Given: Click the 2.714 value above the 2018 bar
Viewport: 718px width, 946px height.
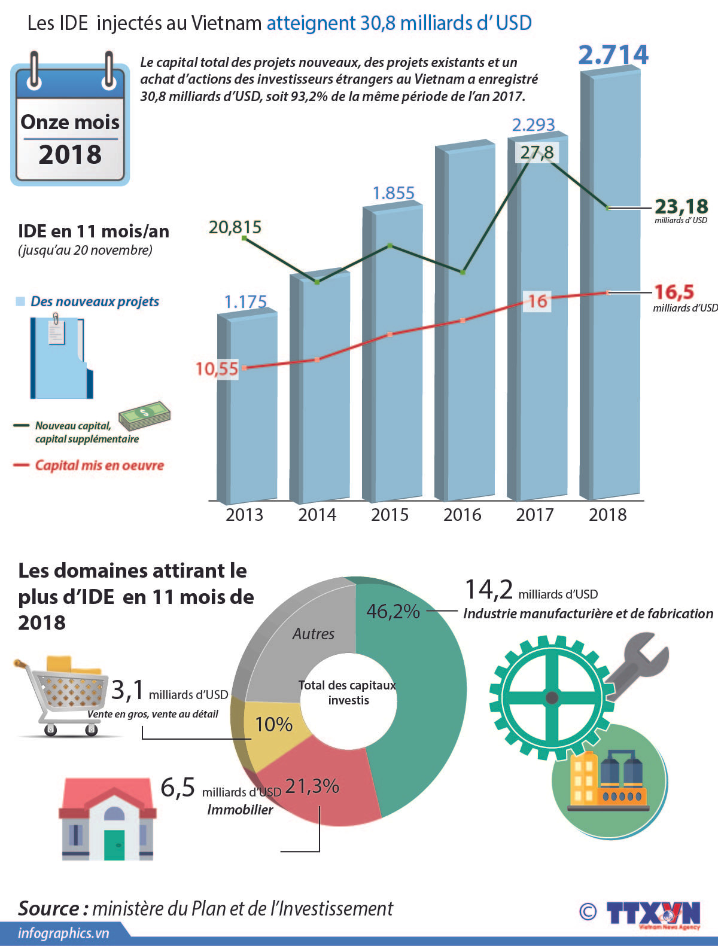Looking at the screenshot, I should click(613, 55).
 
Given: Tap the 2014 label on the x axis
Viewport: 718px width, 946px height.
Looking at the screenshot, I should click(317, 515).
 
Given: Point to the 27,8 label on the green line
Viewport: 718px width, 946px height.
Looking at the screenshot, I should click(537, 152).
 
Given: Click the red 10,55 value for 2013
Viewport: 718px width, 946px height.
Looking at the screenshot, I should click(217, 368).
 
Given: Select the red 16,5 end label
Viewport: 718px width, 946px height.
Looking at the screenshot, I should click(674, 292).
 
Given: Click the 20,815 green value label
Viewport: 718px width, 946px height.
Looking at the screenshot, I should click(235, 227).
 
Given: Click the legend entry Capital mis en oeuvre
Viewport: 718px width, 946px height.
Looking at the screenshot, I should click(99, 465).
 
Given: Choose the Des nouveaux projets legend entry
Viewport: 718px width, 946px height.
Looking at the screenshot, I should click(94, 301).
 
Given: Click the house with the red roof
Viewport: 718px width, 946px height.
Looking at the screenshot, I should click(108, 819).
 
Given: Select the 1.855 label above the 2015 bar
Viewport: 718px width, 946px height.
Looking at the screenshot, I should click(393, 193).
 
